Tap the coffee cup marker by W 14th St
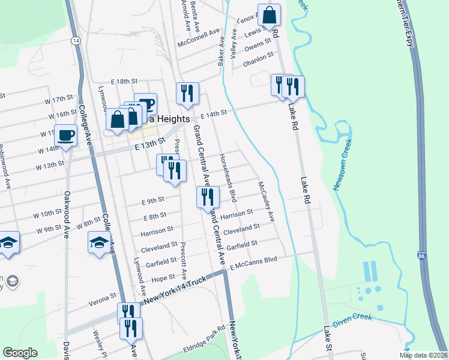tap(66, 134)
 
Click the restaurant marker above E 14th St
tap(187, 93)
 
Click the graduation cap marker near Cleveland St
tap(100, 242)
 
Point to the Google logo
tap(20, 352)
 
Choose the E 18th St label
tap(124, 81)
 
